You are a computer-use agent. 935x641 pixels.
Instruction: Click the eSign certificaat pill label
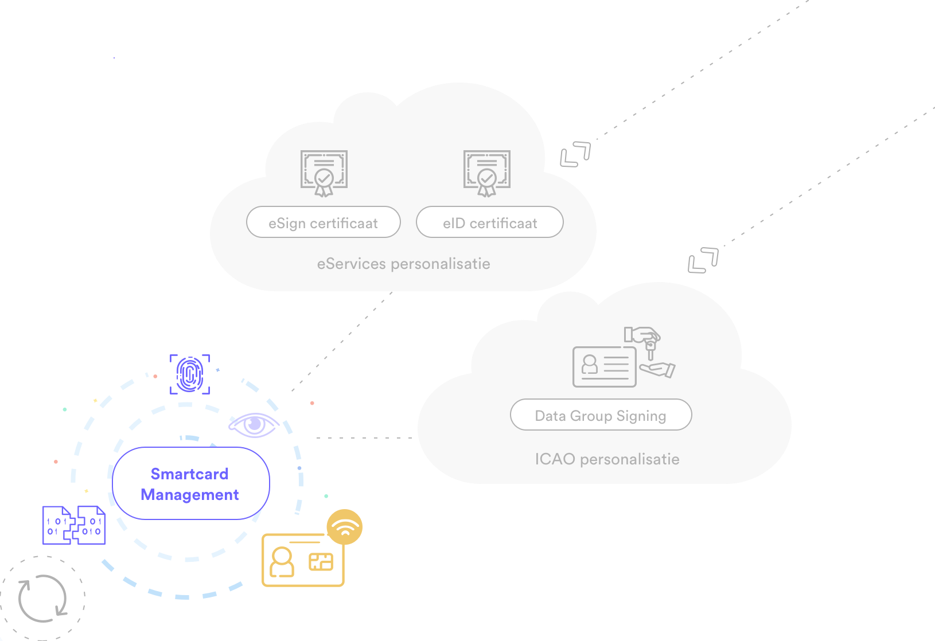click(324, 222)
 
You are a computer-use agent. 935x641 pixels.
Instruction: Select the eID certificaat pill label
click(490, 222)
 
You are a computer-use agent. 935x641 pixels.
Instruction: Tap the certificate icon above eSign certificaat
click(324, 173)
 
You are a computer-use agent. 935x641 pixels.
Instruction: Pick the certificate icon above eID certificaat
click(486, 173)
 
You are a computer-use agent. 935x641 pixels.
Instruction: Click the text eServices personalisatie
click(404, 264)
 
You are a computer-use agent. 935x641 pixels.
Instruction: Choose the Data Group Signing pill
click(601, 415)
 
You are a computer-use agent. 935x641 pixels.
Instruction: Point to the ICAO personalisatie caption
click(607, 459)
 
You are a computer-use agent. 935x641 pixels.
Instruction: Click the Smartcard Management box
click(191, 483)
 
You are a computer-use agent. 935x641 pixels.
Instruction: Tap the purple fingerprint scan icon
click(189, 374)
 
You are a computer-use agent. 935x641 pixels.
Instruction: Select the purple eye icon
click(254, 425)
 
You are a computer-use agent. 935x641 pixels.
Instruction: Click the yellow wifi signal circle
click(344, 527)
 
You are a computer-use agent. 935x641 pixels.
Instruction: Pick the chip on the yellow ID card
click(321, 562)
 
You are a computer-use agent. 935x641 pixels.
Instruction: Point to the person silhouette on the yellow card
click(282, 562)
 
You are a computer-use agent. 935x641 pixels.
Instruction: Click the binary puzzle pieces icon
click(74, 525)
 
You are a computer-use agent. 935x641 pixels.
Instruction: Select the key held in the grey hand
click(650, 349)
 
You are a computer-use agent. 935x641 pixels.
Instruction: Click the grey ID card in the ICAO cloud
click(605, 367)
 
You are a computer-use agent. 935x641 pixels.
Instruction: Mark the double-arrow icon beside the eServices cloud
click(575, 154)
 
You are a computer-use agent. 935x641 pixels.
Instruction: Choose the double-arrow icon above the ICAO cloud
click(703, 260)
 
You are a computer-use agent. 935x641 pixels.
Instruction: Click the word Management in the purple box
click(189, 495)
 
